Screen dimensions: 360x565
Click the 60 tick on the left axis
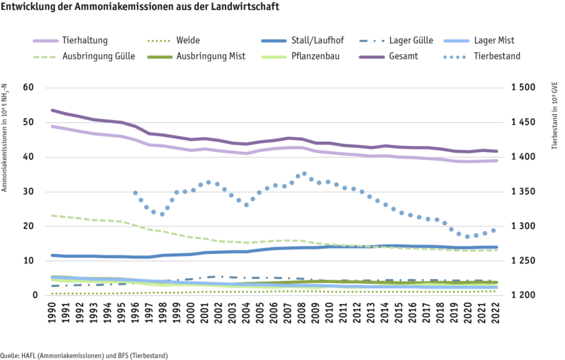click(x=28, y=88)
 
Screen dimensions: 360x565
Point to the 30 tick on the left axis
click(x=28, y=192)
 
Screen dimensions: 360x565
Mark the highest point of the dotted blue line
click(x=303, y=174)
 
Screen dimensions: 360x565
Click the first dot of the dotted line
click(x=135, y=193)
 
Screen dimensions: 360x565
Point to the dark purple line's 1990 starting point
click(x=53, y=110)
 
